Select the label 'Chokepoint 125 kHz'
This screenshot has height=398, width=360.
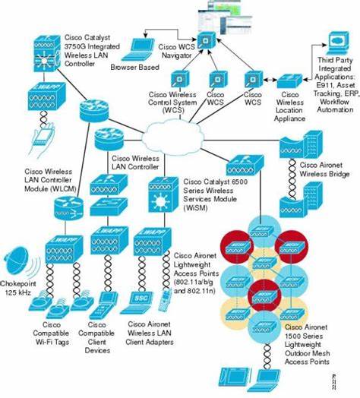pyautogui.click(x=20, y=288)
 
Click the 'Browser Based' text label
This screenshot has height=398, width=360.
pyautogui.click(x=134, y=68)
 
